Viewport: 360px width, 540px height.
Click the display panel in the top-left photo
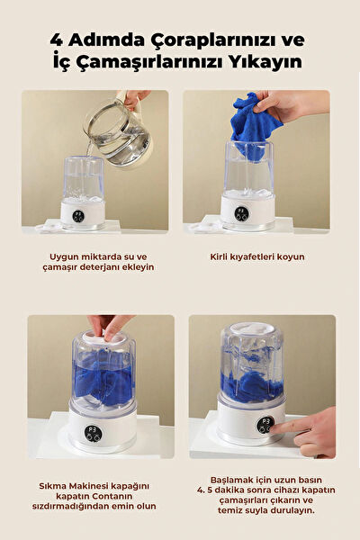(x=82, y=215)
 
